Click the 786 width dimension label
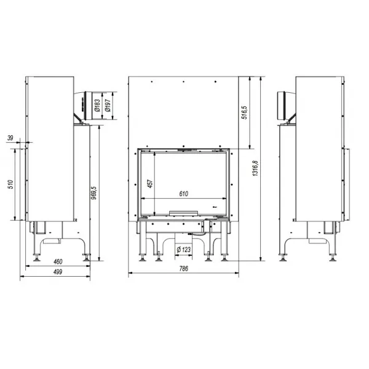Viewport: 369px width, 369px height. (x=183, y=269)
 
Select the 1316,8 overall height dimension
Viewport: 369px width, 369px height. (x=255, y=169)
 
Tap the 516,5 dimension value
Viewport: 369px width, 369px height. (x=245, y=113)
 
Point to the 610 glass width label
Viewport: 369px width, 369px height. (x=183, y=194)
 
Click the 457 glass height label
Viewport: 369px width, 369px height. (x=150, y=183)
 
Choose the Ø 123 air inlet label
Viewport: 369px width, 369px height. (x=183, y=249)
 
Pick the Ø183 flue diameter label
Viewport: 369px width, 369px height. (x=97, y=105)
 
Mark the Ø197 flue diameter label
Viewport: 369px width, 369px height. (x=108, y=105)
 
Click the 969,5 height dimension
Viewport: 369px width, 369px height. (x=93, y=193)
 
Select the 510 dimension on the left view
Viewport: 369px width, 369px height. (x=11, y=184)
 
